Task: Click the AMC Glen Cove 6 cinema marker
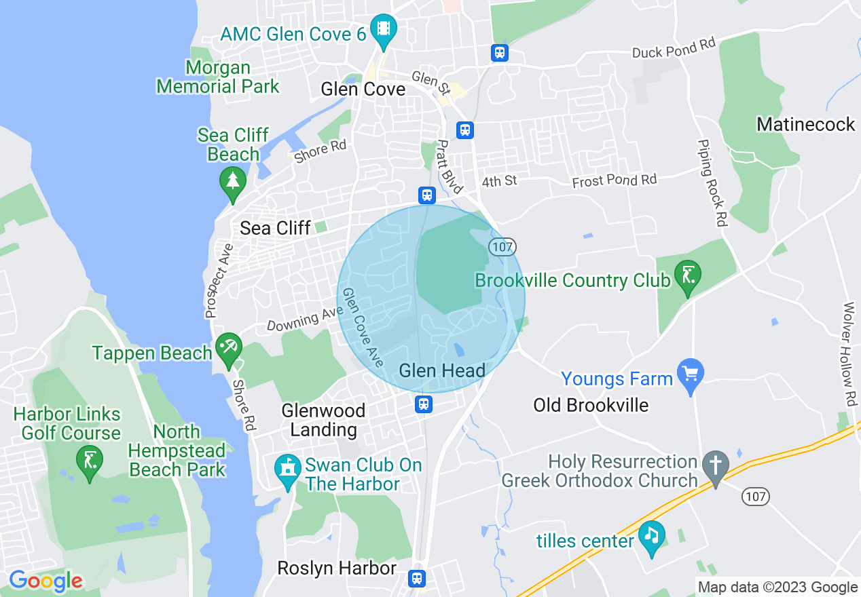[x=384, y=29]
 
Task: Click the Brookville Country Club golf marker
[x=687, y=277]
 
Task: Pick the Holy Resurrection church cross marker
[x=715, y=466]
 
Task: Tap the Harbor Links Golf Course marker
[x=90, y=461]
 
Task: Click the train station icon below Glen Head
[x=424, y=404]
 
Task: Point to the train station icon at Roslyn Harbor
[x=417, y=578]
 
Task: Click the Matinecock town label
[x=806, y=125]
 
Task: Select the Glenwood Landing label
[x=323, y=420]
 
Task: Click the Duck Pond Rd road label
[x=674, y=48]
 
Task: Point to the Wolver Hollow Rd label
[x=848, y=353]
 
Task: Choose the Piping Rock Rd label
[x=712, y=183]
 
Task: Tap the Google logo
[x=45, y=581]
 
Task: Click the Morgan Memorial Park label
[x=218, y=77]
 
